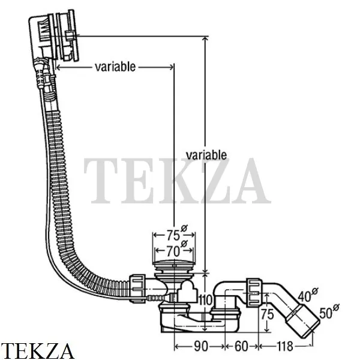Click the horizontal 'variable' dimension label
pyautogui.click(x=115, y=67)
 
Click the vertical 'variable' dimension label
pyautogui.click(x=206, y=155)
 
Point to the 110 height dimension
pyautogui.click(x=205, y=300)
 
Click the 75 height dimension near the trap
pyautogui.click(x=268, y=314)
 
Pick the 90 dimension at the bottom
pyautogui.click(x=200, y=346)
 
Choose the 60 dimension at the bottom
pyautogui.click(x=241, y=346)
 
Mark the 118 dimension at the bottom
pyautogui.click(x=285, y=346)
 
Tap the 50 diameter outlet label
pyautogui.click(x=329, y=311)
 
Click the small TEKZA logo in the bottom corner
pyautogui.click(x=37, y=351)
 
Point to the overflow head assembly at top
pyautogui.click(x=54, y=37)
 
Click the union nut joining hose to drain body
pyautogui.click(x=137, y=289)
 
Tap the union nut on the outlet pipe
pyautogui.click(x=254, y=292)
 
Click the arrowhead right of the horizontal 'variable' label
pyautogui.click(x=171, y=67)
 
